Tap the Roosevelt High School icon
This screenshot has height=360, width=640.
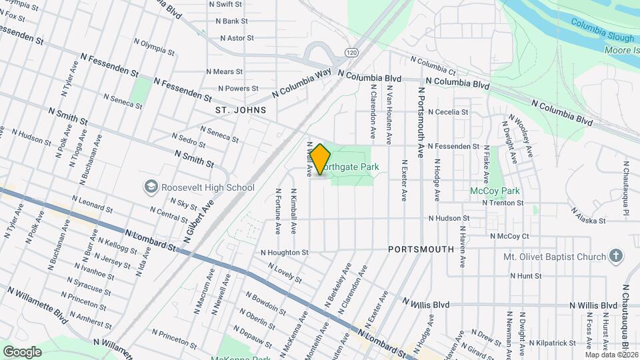point(151,187)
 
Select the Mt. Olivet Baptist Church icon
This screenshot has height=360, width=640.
point(615,257)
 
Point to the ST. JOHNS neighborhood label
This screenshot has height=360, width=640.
point(241,110)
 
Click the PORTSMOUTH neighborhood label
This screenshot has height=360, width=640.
point(421,249)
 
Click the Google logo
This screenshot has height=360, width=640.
point(22,351)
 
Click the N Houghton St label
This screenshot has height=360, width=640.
point(285,253)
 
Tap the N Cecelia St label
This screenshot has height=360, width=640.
point(448,112)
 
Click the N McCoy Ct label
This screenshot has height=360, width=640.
point(509,236)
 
